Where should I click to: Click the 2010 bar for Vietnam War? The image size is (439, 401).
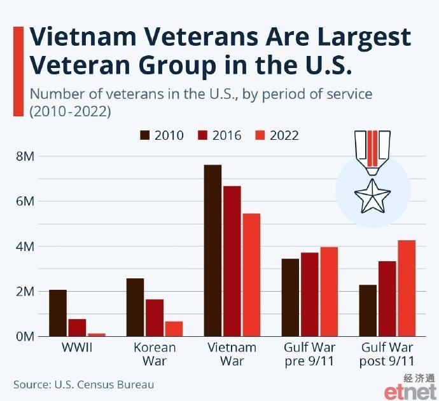pos(213,250)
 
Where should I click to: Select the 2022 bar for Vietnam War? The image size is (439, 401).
pos(251,275)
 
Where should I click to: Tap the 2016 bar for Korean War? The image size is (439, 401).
pos(155,318)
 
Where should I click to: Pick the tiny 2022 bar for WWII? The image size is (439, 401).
pos(97,335)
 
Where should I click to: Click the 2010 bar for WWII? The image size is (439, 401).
pos(58,313)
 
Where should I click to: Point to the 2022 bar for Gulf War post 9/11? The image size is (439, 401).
pos(407,289)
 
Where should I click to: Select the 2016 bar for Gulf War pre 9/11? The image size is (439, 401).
pos(310,294)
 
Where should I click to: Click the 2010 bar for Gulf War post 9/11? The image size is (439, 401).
pos(368,310)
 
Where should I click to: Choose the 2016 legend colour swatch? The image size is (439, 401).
pos(202,135)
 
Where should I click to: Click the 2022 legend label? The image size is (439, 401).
pos(284,135)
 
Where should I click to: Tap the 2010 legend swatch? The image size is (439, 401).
pos(145,135)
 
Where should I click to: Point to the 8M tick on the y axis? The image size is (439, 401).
pos(25,156)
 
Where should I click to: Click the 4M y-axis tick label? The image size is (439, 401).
pos(25,247)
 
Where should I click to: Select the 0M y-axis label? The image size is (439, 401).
pos(25,337)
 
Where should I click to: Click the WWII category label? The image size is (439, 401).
pos(77,348)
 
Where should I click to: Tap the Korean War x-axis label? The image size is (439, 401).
pos(155,354)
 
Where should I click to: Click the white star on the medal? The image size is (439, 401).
pos(372,196)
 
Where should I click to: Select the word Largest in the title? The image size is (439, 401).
pos(365,38)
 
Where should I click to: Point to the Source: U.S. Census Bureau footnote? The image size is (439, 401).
pos(84,384)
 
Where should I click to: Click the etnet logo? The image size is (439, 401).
pos(410,391)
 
